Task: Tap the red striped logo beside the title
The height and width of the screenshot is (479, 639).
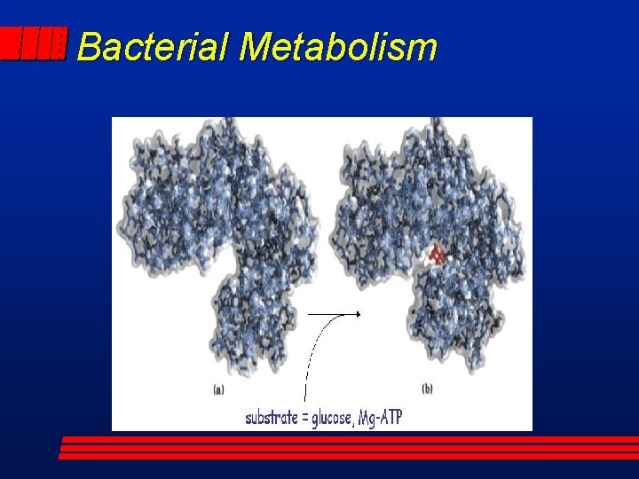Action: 34,43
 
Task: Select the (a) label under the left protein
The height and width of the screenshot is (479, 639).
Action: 218,389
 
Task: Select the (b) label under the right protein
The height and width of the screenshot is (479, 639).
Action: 427,389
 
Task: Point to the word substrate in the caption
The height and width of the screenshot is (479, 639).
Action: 272,417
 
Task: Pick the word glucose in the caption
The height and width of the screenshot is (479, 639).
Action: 333,418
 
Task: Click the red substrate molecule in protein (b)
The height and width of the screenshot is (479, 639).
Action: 437,255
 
